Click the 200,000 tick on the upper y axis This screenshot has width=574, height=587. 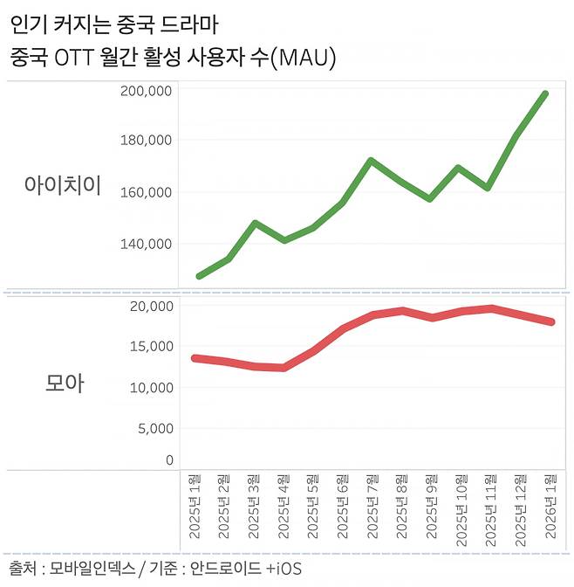[x=146, y=91]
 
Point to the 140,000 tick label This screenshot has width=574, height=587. [x=146, y=244]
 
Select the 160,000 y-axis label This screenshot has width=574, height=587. [x=146, y=192]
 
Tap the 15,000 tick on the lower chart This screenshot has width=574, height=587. [x=150, y=346]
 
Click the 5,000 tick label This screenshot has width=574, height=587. [x=154, y=429]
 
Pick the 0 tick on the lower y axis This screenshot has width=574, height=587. [x=169, y=460]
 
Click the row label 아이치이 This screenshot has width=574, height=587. [x=63, y=185]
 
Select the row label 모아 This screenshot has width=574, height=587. [x=64, y=383]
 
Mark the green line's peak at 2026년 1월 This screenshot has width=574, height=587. [x=545, y=94]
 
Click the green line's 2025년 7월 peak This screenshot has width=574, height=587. [x=372, y=161]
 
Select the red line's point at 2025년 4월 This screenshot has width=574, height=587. [x=283, y=368]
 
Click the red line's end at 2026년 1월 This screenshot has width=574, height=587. [x=550, y=322]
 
